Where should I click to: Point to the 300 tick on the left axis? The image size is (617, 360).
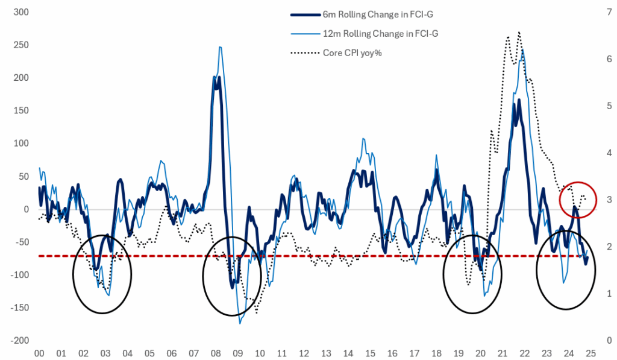(12, 12)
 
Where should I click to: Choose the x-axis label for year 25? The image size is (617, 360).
(591, 354)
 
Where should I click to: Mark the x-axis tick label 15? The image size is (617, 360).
(371, 354)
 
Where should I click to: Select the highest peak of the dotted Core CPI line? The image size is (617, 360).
(519, 32)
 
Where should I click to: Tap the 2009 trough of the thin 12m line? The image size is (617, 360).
(240, 323)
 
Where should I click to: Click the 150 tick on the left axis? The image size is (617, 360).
(12, 111)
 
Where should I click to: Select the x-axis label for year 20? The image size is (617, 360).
(481, 354)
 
